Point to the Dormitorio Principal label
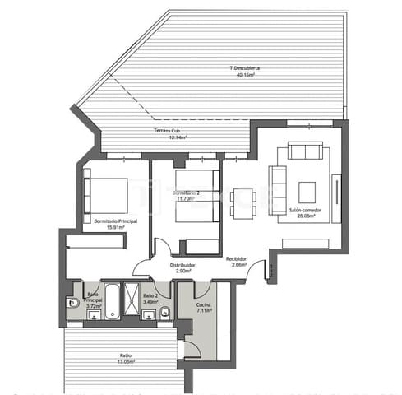tap(115, 221)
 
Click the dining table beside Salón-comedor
tap(243, 203)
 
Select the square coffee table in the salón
tap(307, 192)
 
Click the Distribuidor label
tap(183, 265)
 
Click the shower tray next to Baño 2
tap(131, 302)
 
